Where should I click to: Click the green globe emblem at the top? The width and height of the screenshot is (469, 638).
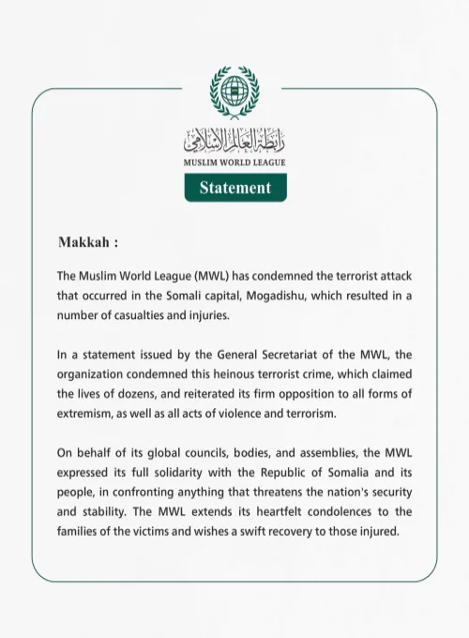coord(234,94)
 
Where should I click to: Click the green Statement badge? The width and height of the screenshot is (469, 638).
coord(234,188)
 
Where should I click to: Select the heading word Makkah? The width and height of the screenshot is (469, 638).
coord(83,241)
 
